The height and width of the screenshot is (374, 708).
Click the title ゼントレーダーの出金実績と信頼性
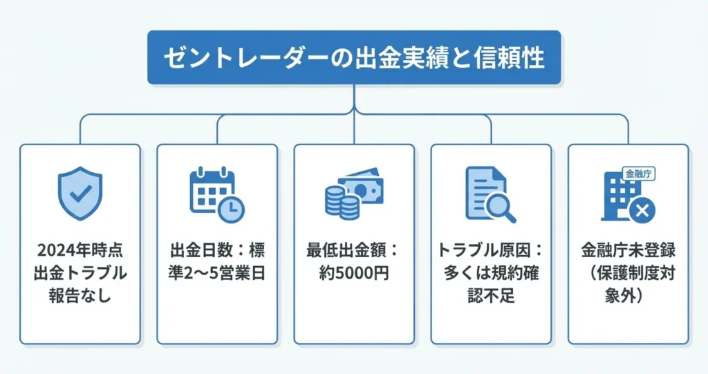coord(353,58)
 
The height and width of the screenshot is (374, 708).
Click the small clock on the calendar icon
coord(230,207)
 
